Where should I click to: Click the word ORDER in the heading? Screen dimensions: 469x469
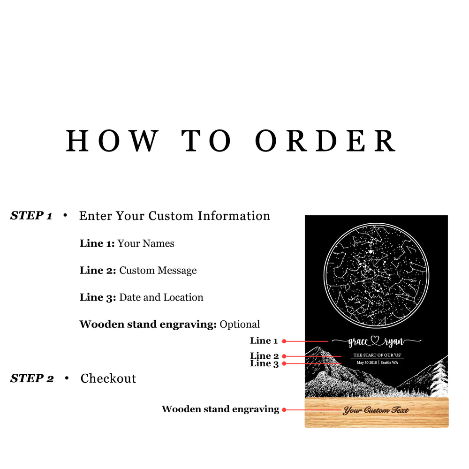point(326,141)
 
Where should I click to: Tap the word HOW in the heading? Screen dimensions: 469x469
point(112,141)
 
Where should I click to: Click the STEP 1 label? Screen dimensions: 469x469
point(31,215)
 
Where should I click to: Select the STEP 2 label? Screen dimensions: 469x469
point(32,378)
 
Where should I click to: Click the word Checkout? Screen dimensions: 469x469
point(108,378)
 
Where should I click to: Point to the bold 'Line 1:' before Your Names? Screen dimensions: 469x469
point(97,243)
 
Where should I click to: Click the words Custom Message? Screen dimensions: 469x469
point(158,271)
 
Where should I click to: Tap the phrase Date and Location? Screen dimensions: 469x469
point(161,297)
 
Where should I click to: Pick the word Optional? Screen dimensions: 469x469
point(240,325)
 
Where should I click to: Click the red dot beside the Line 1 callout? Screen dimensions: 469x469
point(284,341)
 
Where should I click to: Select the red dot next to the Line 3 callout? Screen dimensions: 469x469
point(284,363)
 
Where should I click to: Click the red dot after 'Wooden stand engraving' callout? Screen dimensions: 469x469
point(284,409)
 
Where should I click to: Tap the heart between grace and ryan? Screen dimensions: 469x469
point(375,340)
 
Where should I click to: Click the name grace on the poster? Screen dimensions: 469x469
point(358,342)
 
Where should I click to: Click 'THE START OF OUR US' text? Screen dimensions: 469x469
point(377,355)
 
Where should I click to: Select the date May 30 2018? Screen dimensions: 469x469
point(367,363)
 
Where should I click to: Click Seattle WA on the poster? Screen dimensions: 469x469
point(389,363)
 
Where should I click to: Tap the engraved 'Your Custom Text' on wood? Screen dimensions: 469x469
point(376,410)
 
